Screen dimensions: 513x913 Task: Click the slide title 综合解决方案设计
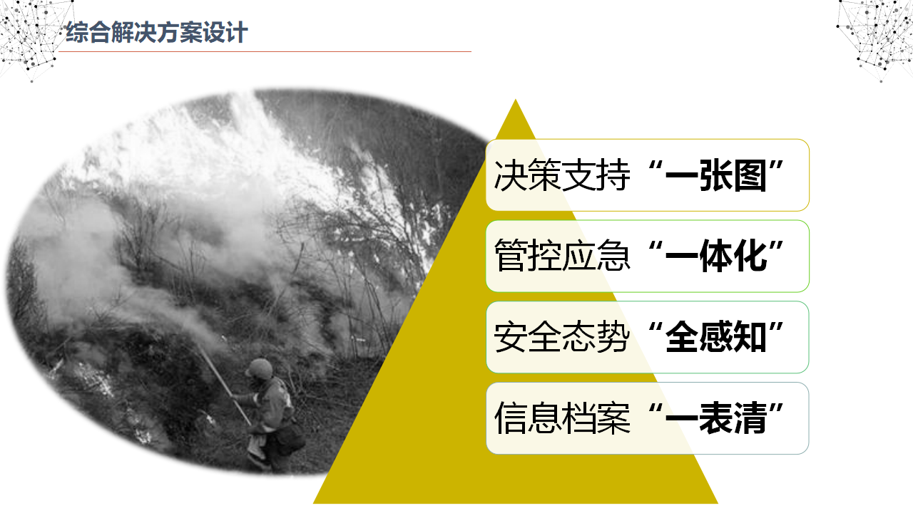[156, 33]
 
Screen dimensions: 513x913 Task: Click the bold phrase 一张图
[715, 177]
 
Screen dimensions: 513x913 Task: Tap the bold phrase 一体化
[715, 257]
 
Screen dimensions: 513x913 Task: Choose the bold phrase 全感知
[715, 338]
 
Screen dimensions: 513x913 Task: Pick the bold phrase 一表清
[715, 419]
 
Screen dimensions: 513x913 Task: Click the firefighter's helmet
[260, 368]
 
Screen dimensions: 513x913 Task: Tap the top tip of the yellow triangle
[515, 101]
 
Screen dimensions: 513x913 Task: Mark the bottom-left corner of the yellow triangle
[315, 502]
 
